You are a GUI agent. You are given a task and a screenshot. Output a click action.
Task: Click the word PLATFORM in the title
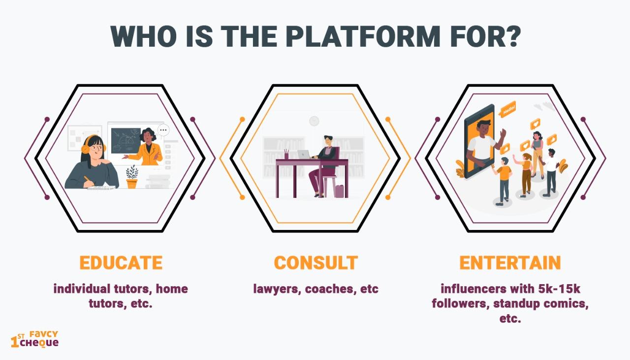[x=364, y=36]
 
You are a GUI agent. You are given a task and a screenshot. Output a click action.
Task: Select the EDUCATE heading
[x=121, y=262]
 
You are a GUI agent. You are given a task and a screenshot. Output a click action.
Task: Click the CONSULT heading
[x=316, y=262]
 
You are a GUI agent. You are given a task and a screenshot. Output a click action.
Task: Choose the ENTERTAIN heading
[x=510, y=262]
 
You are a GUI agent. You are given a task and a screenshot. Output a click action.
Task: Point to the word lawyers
[x=275, y=289]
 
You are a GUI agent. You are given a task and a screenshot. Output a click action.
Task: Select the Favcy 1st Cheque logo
[x=34, y=339]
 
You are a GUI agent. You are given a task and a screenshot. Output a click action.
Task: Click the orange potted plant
[x=132, y=177]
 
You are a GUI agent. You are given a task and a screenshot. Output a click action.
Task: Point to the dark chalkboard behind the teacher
[x=126, y=141]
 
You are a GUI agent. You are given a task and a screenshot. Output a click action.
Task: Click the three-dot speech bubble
[x=163, y=131]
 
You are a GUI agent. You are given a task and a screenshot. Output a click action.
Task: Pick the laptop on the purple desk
[x=304, y=154]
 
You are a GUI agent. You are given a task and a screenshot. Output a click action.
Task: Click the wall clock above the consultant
[x=314, y=121]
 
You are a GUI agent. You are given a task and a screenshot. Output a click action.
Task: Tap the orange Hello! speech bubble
[x=507, y=109]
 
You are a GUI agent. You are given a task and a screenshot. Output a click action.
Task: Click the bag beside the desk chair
[x=339, y=192]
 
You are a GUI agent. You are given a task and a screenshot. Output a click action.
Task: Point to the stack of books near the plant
[x=158, y=182]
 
